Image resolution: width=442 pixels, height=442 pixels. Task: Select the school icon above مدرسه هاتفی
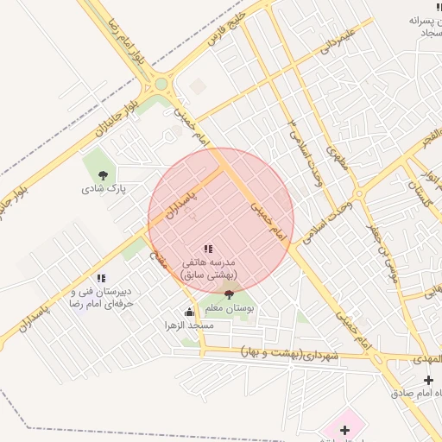point(208,249)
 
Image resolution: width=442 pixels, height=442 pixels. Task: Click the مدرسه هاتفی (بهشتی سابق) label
point(214,267)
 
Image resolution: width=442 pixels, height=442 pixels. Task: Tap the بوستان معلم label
point(229,307)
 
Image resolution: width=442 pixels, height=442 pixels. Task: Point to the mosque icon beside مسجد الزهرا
point(189,313)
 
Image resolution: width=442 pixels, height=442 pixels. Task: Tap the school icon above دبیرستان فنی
point(101,278)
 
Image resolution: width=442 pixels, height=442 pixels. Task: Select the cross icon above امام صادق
point(429,381)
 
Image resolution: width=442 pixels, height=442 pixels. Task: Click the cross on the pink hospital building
point(344,430)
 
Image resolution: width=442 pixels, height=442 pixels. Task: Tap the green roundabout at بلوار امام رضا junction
point(161,84)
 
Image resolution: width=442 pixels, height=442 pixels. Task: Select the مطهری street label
point(337,155)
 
